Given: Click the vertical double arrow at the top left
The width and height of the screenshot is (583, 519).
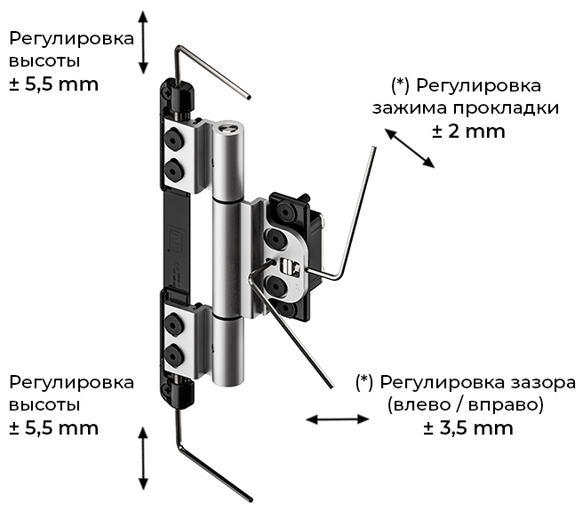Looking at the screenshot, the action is coord(143,42).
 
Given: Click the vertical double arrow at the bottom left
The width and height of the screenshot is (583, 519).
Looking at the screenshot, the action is coord(143,458).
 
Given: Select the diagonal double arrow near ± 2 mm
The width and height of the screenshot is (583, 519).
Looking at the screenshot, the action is coord(410,148).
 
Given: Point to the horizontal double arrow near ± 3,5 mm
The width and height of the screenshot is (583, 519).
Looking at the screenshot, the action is coord(337,419).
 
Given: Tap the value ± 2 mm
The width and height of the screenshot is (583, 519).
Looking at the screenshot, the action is coord(468,132).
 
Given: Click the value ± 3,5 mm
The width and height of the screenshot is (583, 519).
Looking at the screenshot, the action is coord(468,428).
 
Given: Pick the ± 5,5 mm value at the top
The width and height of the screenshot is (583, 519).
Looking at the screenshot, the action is coord(54,84).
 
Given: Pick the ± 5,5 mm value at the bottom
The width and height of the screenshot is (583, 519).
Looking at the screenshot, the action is coord(54,428).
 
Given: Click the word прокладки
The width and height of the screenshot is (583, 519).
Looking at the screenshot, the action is coord(506,108).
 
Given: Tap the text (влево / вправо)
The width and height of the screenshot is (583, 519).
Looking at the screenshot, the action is coord(466,405).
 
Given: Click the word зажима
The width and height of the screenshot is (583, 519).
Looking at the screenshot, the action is coord(410,108).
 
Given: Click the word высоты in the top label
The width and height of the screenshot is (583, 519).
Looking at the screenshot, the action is coord(44,61).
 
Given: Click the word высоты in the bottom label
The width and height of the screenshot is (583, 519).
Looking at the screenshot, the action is coord(44,405).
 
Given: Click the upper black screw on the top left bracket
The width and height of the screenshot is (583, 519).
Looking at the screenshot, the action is coord(173,140).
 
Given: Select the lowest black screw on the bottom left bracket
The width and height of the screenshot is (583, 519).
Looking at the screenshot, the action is coord(173,354).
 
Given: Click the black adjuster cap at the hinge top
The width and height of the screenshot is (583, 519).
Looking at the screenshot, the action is coord(182,96).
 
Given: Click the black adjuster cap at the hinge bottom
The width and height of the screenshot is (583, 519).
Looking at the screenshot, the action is coord(182,395).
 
